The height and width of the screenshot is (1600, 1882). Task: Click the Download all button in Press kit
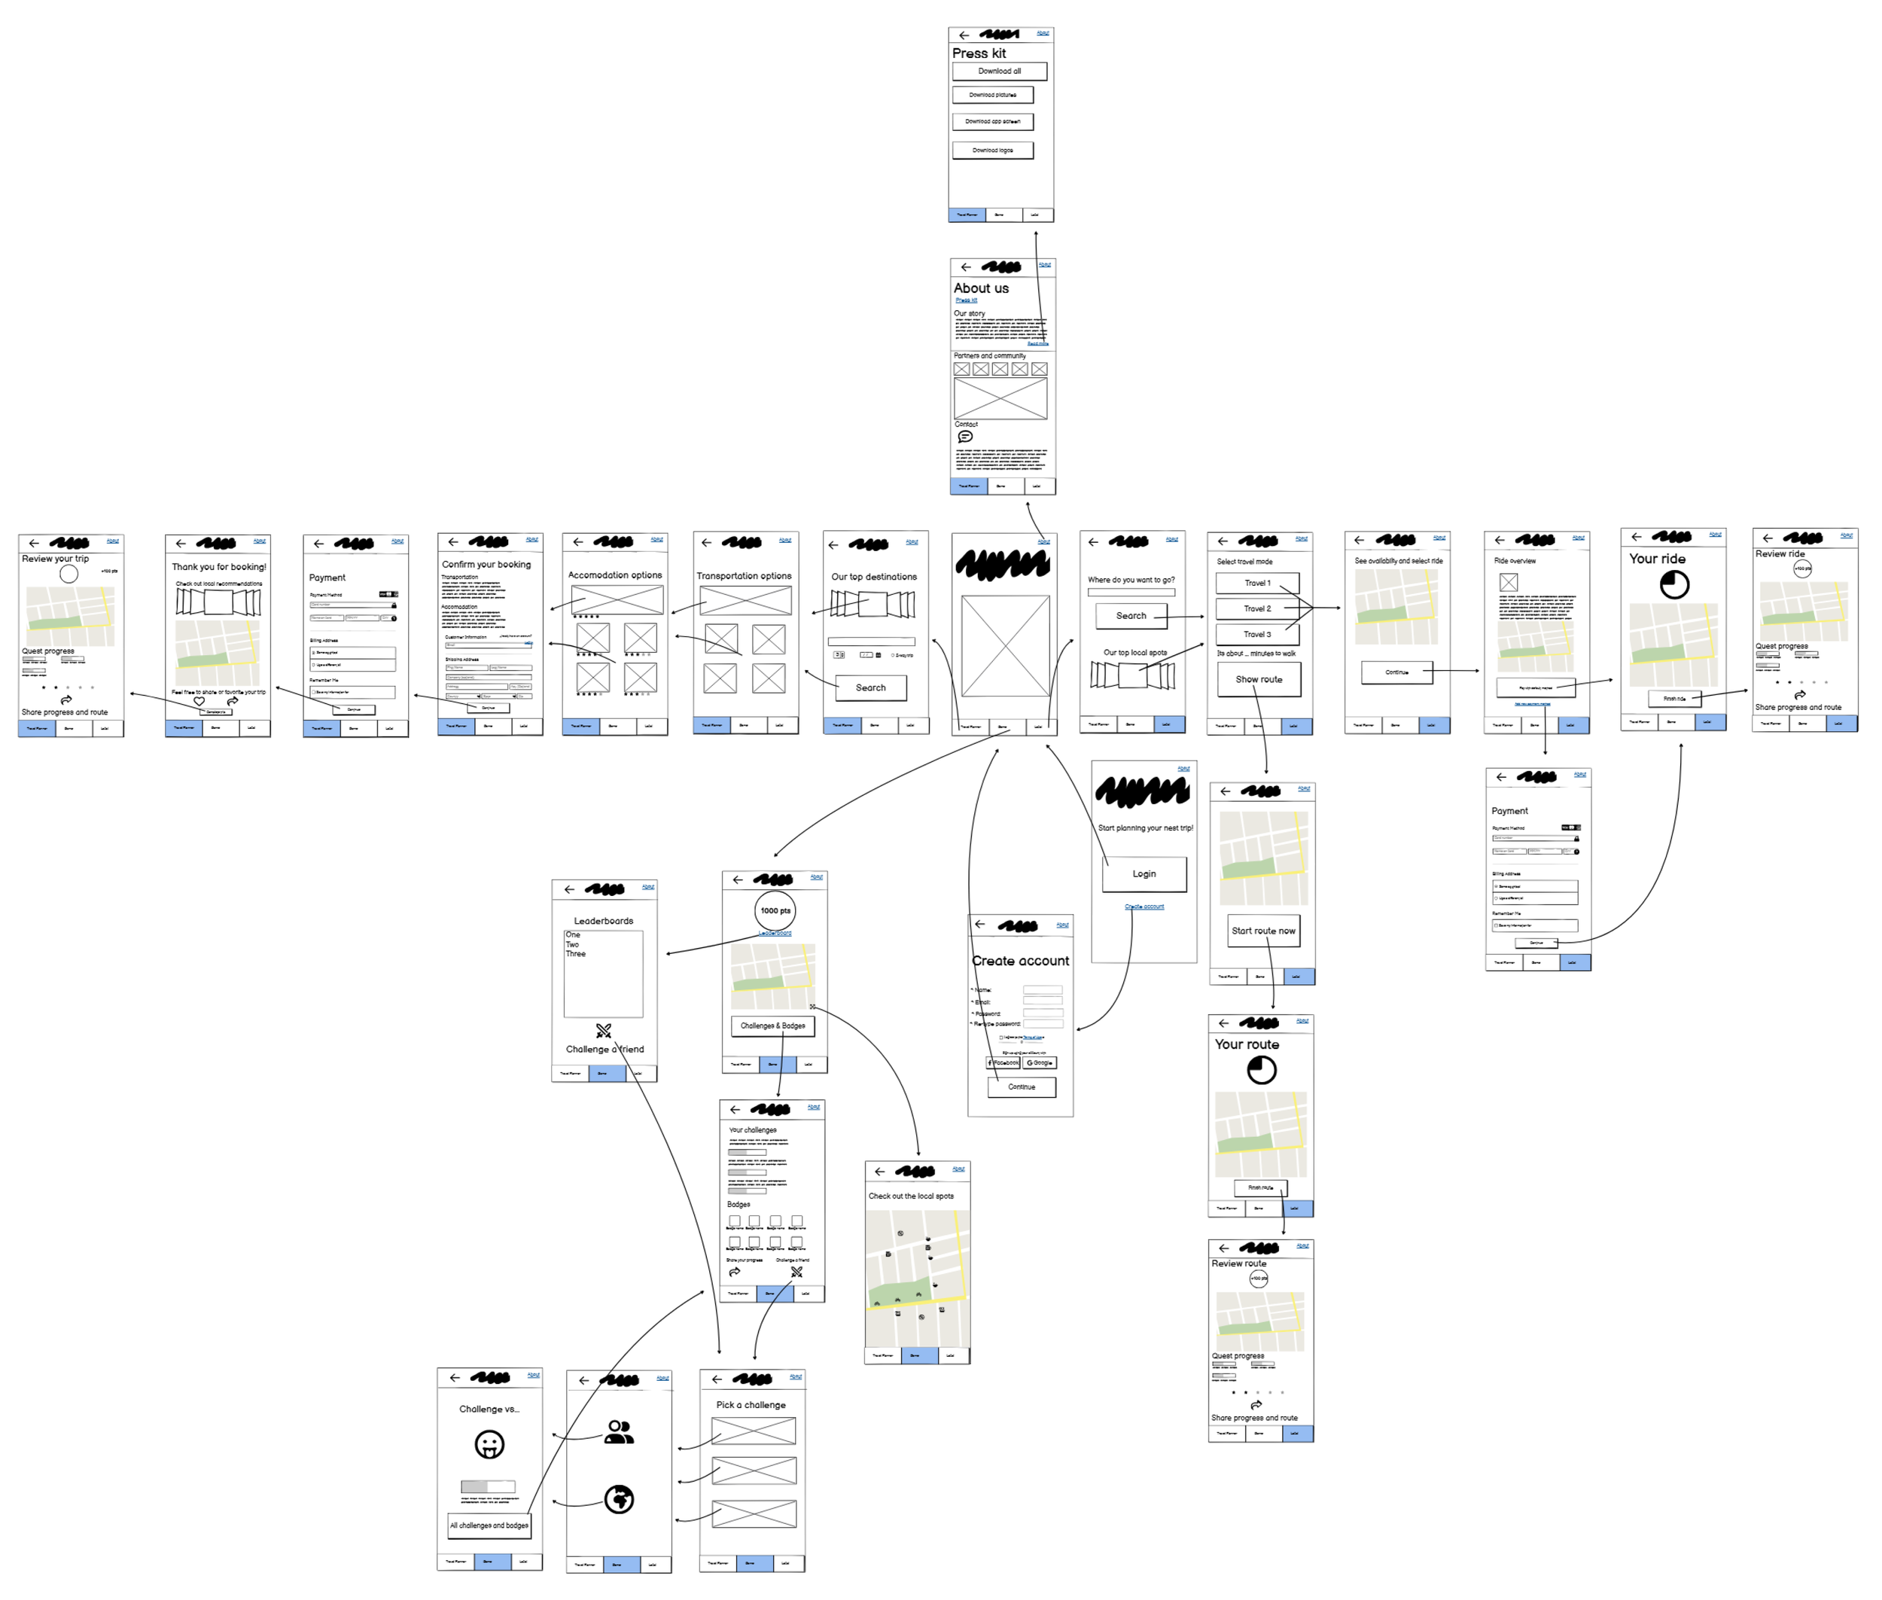(999, 71)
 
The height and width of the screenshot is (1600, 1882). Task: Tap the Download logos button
(992, 151)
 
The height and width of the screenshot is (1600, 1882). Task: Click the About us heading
(980, 288)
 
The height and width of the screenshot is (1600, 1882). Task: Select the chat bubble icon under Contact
(965, 437)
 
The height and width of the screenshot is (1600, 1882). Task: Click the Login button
(1144, 874)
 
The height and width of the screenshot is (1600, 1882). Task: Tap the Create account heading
(1020, 962)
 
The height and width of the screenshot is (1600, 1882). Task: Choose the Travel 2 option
(1257, 608)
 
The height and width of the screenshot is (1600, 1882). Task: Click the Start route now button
(1263, 931)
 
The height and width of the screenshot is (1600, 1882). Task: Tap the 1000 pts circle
(775, 910)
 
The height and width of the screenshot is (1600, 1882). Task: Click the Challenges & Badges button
(773, 1026)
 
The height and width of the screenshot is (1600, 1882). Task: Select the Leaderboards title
(603, 922)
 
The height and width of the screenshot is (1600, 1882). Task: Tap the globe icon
(620, 1499)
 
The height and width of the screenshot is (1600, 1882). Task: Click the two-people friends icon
(620, 1432)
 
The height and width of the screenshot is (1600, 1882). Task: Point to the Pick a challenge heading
(751, 1405)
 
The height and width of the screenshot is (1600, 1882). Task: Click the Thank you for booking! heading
(220, 567)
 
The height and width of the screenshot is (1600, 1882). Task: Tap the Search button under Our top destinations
(871, 687)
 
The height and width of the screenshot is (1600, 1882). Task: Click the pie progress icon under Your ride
(1674, 585)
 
